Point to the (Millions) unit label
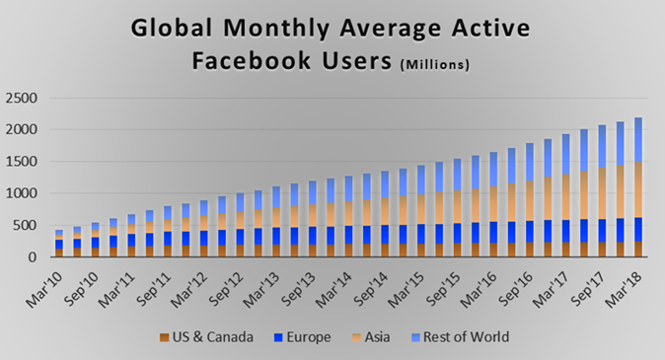pyautogui.click(x=434, y=66)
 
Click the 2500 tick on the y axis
pyautogui.click(x=22, y=98)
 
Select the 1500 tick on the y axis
pyautogui.click(x=22, y=162)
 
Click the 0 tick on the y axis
pyautogui.click(x=35, y=257)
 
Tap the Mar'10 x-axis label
pyautogui.click(x=45, y=281)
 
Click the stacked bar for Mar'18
pyautogui.click(x=637, y=187)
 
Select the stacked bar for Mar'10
pyautogui.click(x=59, y=244)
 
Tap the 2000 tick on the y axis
pyautogui.click(x=22, y=129)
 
